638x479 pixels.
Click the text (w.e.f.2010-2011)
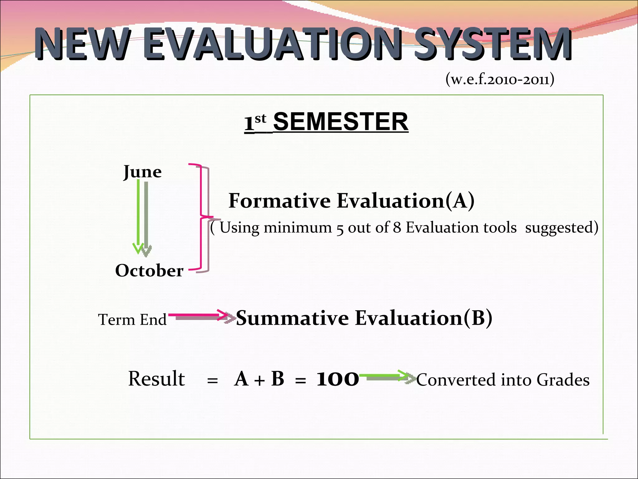point(500,80)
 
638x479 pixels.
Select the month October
point(149,270)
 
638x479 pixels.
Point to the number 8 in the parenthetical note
point(397,227)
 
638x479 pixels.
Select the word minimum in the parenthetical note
point(298,227)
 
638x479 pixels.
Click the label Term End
point(132,320)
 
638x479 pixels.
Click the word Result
point(156,379)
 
